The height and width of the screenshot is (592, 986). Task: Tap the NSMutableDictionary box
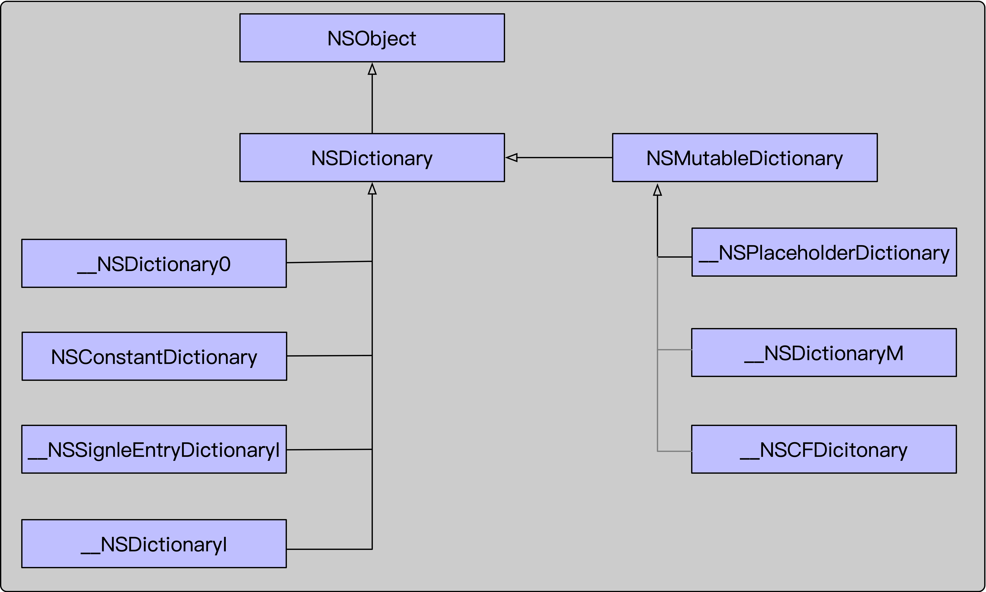pos(744,158)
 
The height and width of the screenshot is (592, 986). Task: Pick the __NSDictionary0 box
pos(154,263)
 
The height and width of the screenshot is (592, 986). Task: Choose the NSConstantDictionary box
pos(154,356)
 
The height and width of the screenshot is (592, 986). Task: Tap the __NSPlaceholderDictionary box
pos(824,252)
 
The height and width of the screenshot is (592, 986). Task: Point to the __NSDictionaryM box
pos(824,353)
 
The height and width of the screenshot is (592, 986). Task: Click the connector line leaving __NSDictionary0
pos(329,262)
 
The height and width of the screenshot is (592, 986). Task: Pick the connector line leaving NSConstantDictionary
pos(329,355)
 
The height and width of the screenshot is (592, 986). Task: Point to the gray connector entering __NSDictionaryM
pos(675,350)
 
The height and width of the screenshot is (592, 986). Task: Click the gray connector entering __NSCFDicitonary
pos(675,451)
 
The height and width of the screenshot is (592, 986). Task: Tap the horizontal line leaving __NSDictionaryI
pos(329,549)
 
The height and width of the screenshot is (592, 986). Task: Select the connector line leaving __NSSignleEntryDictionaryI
pos(329,450)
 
